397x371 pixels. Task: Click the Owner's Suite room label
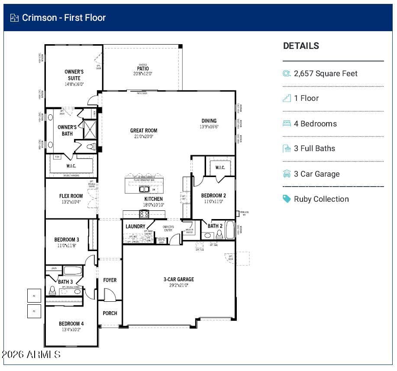tap(74, 75)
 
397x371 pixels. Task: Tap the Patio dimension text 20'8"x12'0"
tap(142, 74)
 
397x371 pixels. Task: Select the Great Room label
tap(144, 130)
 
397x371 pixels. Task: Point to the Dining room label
tap(209, 121)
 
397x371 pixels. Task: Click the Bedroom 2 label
tap(213, 195)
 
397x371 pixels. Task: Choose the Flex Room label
tap(71, 196)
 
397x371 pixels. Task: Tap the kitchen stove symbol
tap(144, 214)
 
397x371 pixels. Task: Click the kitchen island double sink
tap(144, 189)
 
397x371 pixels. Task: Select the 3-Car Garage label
tap(179, 279)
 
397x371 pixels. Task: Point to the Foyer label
tap(110, 280)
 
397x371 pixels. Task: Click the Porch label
tap(110, 313)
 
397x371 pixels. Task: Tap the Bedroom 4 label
tap(71, 323)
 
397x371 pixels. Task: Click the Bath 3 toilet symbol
tap(52, 290)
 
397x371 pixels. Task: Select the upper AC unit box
tap(34, 295)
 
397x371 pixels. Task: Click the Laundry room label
tap(136, 226)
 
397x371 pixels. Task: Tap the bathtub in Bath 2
tap(229, 230)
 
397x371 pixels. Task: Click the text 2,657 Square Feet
tap(326, 74)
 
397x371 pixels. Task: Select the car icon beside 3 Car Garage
tap(287, 174)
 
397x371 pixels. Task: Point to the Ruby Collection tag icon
tap(287, 199)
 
